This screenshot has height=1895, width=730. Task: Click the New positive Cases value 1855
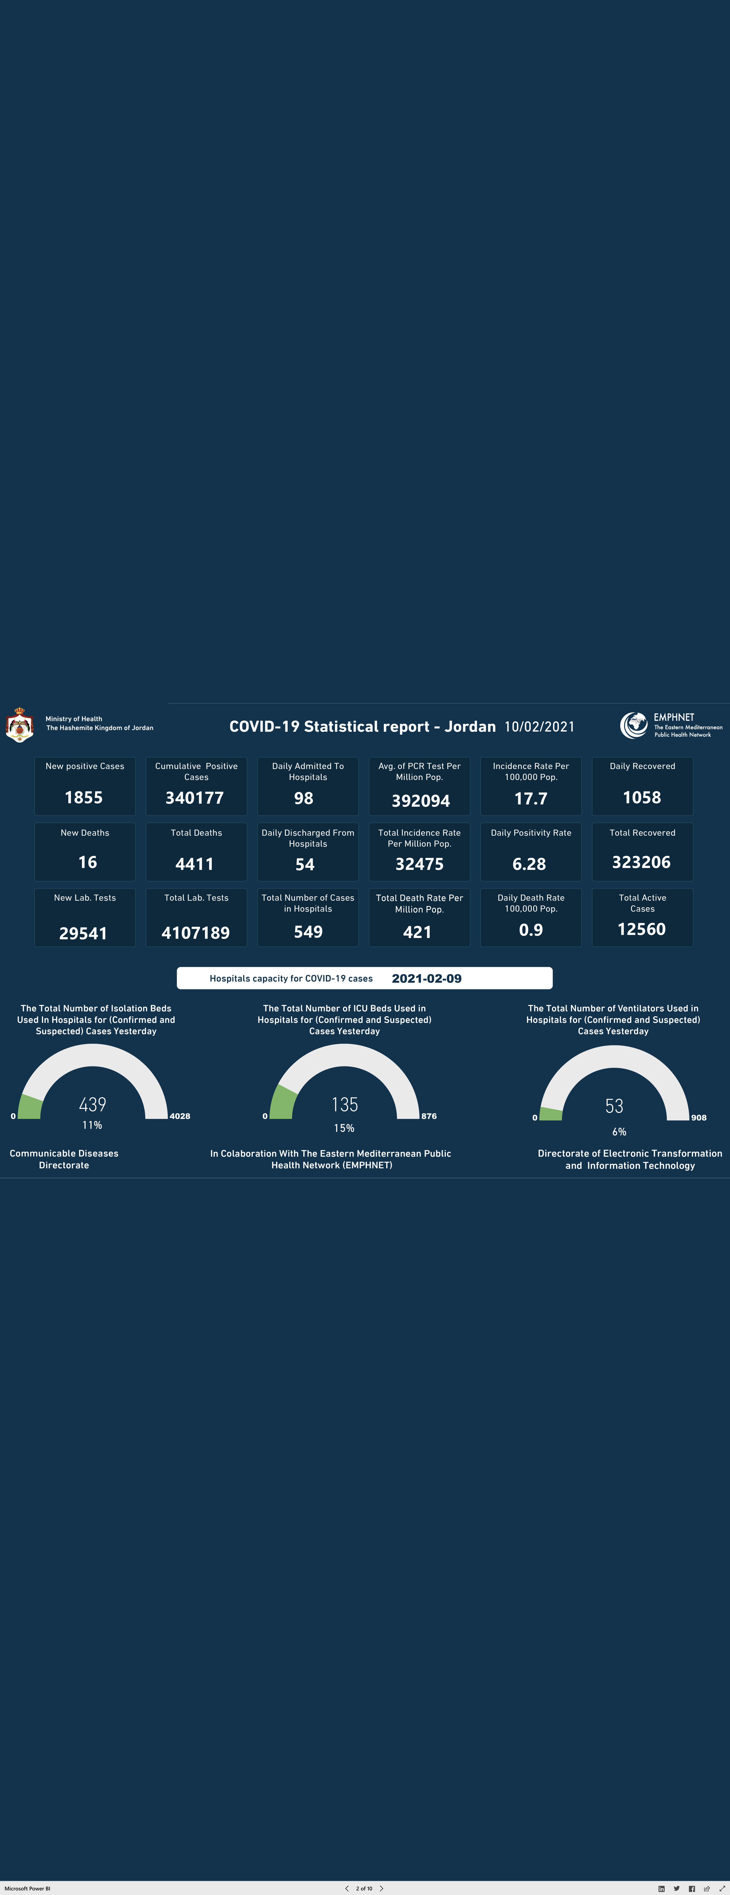84,797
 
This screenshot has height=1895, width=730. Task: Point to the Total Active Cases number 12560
642,929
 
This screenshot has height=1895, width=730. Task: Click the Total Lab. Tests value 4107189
196,933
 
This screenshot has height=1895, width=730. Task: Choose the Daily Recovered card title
643,766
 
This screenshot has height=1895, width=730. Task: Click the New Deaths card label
85,833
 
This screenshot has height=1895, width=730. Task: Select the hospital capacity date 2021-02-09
426,978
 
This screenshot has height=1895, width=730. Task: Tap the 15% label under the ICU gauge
344,1128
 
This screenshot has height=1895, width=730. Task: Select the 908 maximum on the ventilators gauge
698,1117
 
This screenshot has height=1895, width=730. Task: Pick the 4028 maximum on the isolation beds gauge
180,1116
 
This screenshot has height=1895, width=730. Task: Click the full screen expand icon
721,1888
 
